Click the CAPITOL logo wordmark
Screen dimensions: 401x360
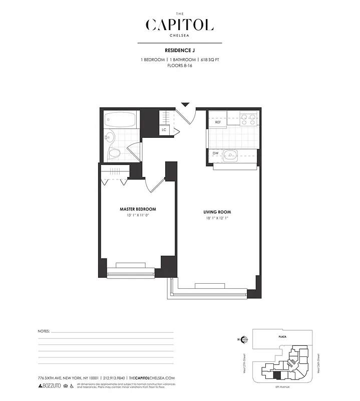(180, 25)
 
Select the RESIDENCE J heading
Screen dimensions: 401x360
(180, 50)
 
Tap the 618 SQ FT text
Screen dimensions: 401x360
(210, 60)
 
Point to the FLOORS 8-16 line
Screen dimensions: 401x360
(180, 66)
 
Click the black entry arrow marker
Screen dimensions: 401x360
(185, 104)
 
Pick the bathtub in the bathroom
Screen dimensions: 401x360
(120, 120)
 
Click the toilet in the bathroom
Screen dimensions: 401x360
(115, 153)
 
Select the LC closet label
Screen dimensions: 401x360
(164, 130)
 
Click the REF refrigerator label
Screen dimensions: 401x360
(218, 122)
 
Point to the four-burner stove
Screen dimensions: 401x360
(248, 119)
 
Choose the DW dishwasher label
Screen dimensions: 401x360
(215, 153)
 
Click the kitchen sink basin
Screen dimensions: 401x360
(232, 154)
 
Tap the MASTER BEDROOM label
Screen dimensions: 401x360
(137, 209)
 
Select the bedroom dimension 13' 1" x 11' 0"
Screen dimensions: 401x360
(137, 215)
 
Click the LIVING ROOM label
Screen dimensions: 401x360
(217, 212)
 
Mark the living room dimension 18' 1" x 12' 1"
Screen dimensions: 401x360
(217, 218)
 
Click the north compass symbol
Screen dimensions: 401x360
(244, 339)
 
